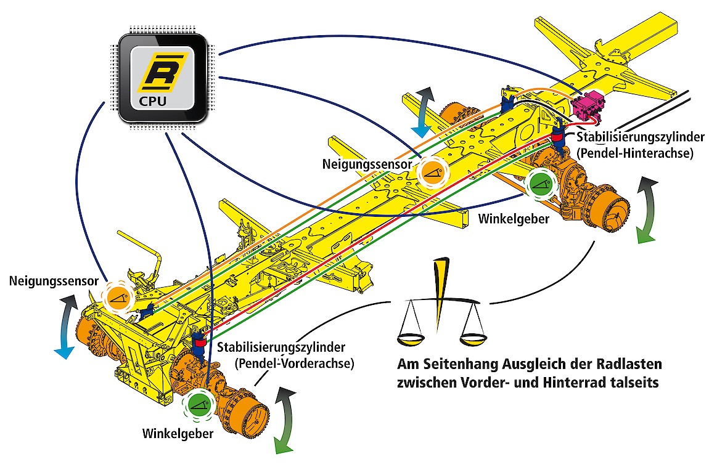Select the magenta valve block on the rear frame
pyautogui.click(x=587, y=105)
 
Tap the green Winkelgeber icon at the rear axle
pyautogui.click(x=541, y=184)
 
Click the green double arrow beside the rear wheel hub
pyautogui.click(x=645, y=209)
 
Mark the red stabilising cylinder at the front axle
pyautogui.click(x=199, y=341)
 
